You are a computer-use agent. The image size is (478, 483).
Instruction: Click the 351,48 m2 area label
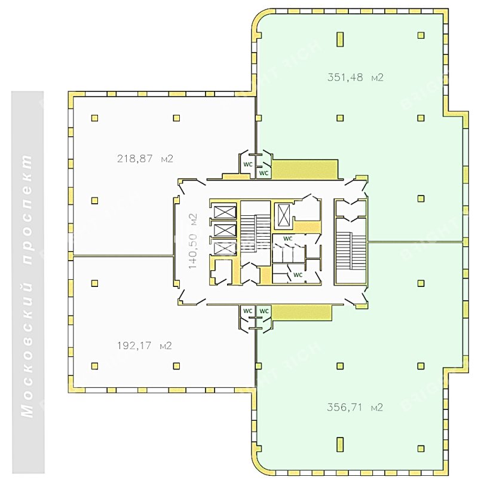click(x=355, y=77)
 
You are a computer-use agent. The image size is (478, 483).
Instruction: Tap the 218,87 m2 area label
click(x=145, y=159)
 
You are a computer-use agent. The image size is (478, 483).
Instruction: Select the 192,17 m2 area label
click(x=145, y=346)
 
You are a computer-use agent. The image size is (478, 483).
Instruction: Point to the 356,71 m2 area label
click(x=355, y=408)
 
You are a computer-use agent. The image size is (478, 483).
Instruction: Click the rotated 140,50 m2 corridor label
click(x=192, y=241)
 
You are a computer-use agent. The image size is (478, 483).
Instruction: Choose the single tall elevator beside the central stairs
click(x=282, y=215)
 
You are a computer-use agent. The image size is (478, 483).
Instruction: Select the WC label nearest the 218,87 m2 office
click(x=248, y=163)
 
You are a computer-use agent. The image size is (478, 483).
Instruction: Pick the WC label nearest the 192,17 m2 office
click(x=247, y=311)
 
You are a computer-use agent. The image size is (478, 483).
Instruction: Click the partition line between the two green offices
click(x=415, y=241)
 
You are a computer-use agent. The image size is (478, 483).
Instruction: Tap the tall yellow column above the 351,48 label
click(x=340, y=39)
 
